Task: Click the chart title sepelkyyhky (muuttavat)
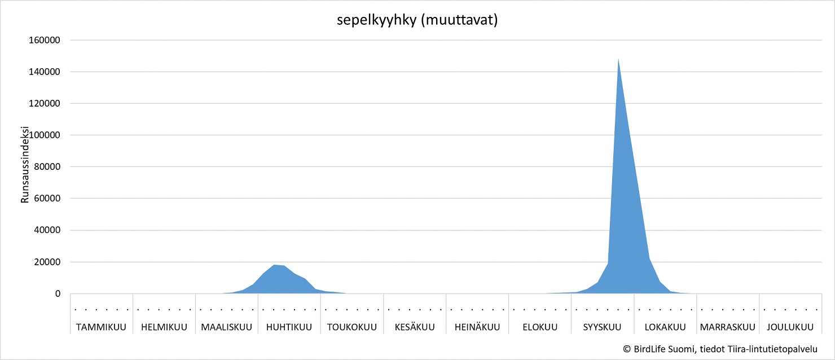point(417,21)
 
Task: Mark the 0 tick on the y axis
point(57,293)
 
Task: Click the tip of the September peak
point(618,59)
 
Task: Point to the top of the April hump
point(274,265)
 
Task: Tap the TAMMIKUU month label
point(102,327)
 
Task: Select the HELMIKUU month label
point(164,327)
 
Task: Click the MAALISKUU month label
point(227,327)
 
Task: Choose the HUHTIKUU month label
point(289,327)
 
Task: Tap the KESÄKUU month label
point(415,327)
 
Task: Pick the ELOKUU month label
point(540,327)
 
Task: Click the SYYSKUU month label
point(603,327)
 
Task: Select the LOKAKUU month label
point(665,327)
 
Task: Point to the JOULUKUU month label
point(790,327)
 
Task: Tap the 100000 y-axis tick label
point(45,135)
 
